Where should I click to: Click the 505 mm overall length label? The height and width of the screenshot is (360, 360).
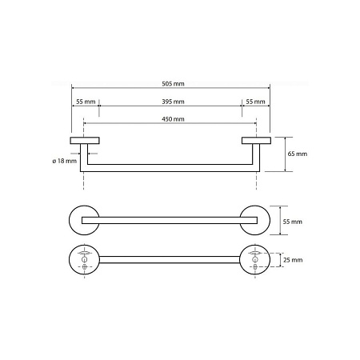coord(173,84)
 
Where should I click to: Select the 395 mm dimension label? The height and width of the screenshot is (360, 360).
coord(173,102)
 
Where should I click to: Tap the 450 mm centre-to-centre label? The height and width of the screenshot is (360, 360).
coord(173,119)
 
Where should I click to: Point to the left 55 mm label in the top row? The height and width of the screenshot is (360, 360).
coord(86,102)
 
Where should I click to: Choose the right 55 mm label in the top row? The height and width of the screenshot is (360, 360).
coord(255,102)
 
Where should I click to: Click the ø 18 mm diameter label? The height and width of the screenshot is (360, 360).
coord(65,161)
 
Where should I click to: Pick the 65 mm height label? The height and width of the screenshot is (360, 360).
coord(298,154)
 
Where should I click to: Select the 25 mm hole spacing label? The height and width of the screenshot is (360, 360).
coord(293,260)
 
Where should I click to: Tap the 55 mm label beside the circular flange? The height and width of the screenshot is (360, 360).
coord(293,222)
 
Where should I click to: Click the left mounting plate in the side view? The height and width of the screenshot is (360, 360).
coord(85,141)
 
